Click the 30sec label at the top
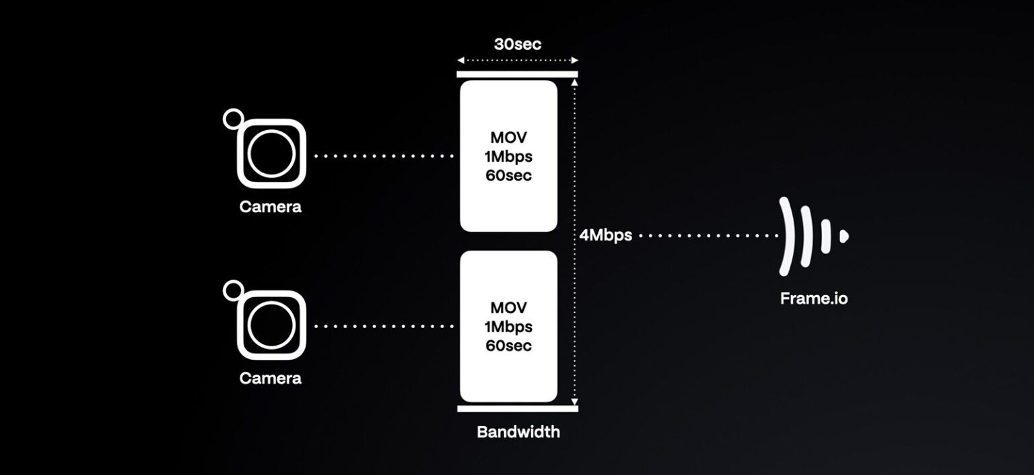tap(517, 44)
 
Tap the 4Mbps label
tap(605, 236)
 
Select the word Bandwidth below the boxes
tap(518, 432)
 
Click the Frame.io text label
tap(814, 298)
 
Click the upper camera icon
tap(271, 154)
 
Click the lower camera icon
tap(271, 326)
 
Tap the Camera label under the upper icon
tap(271, 207)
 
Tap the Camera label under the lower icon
tap(271, 378)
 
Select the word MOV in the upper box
tap(508, 137)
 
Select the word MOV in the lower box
tap(508, 308)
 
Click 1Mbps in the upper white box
tap(508, 156)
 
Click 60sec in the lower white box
tap(508, 346)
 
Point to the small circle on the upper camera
tap(233, 119)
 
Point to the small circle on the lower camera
tap(233, 290)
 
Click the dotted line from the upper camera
tap(384, 156)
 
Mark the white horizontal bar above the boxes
tap(517, 75)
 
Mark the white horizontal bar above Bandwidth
tap(517, 408)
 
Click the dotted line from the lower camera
tap(384, 327)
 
